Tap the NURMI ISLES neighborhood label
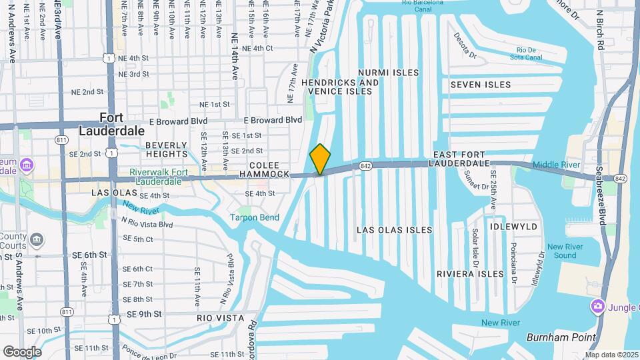point(388,73)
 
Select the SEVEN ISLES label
point(480,85)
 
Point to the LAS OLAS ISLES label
point(394,230)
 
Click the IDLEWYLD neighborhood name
point(513,227)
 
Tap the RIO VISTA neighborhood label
point(221,318)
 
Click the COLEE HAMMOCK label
point(269,169)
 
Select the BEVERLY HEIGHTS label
point(167,150)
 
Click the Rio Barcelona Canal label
point(423,6)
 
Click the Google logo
point(22,351)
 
